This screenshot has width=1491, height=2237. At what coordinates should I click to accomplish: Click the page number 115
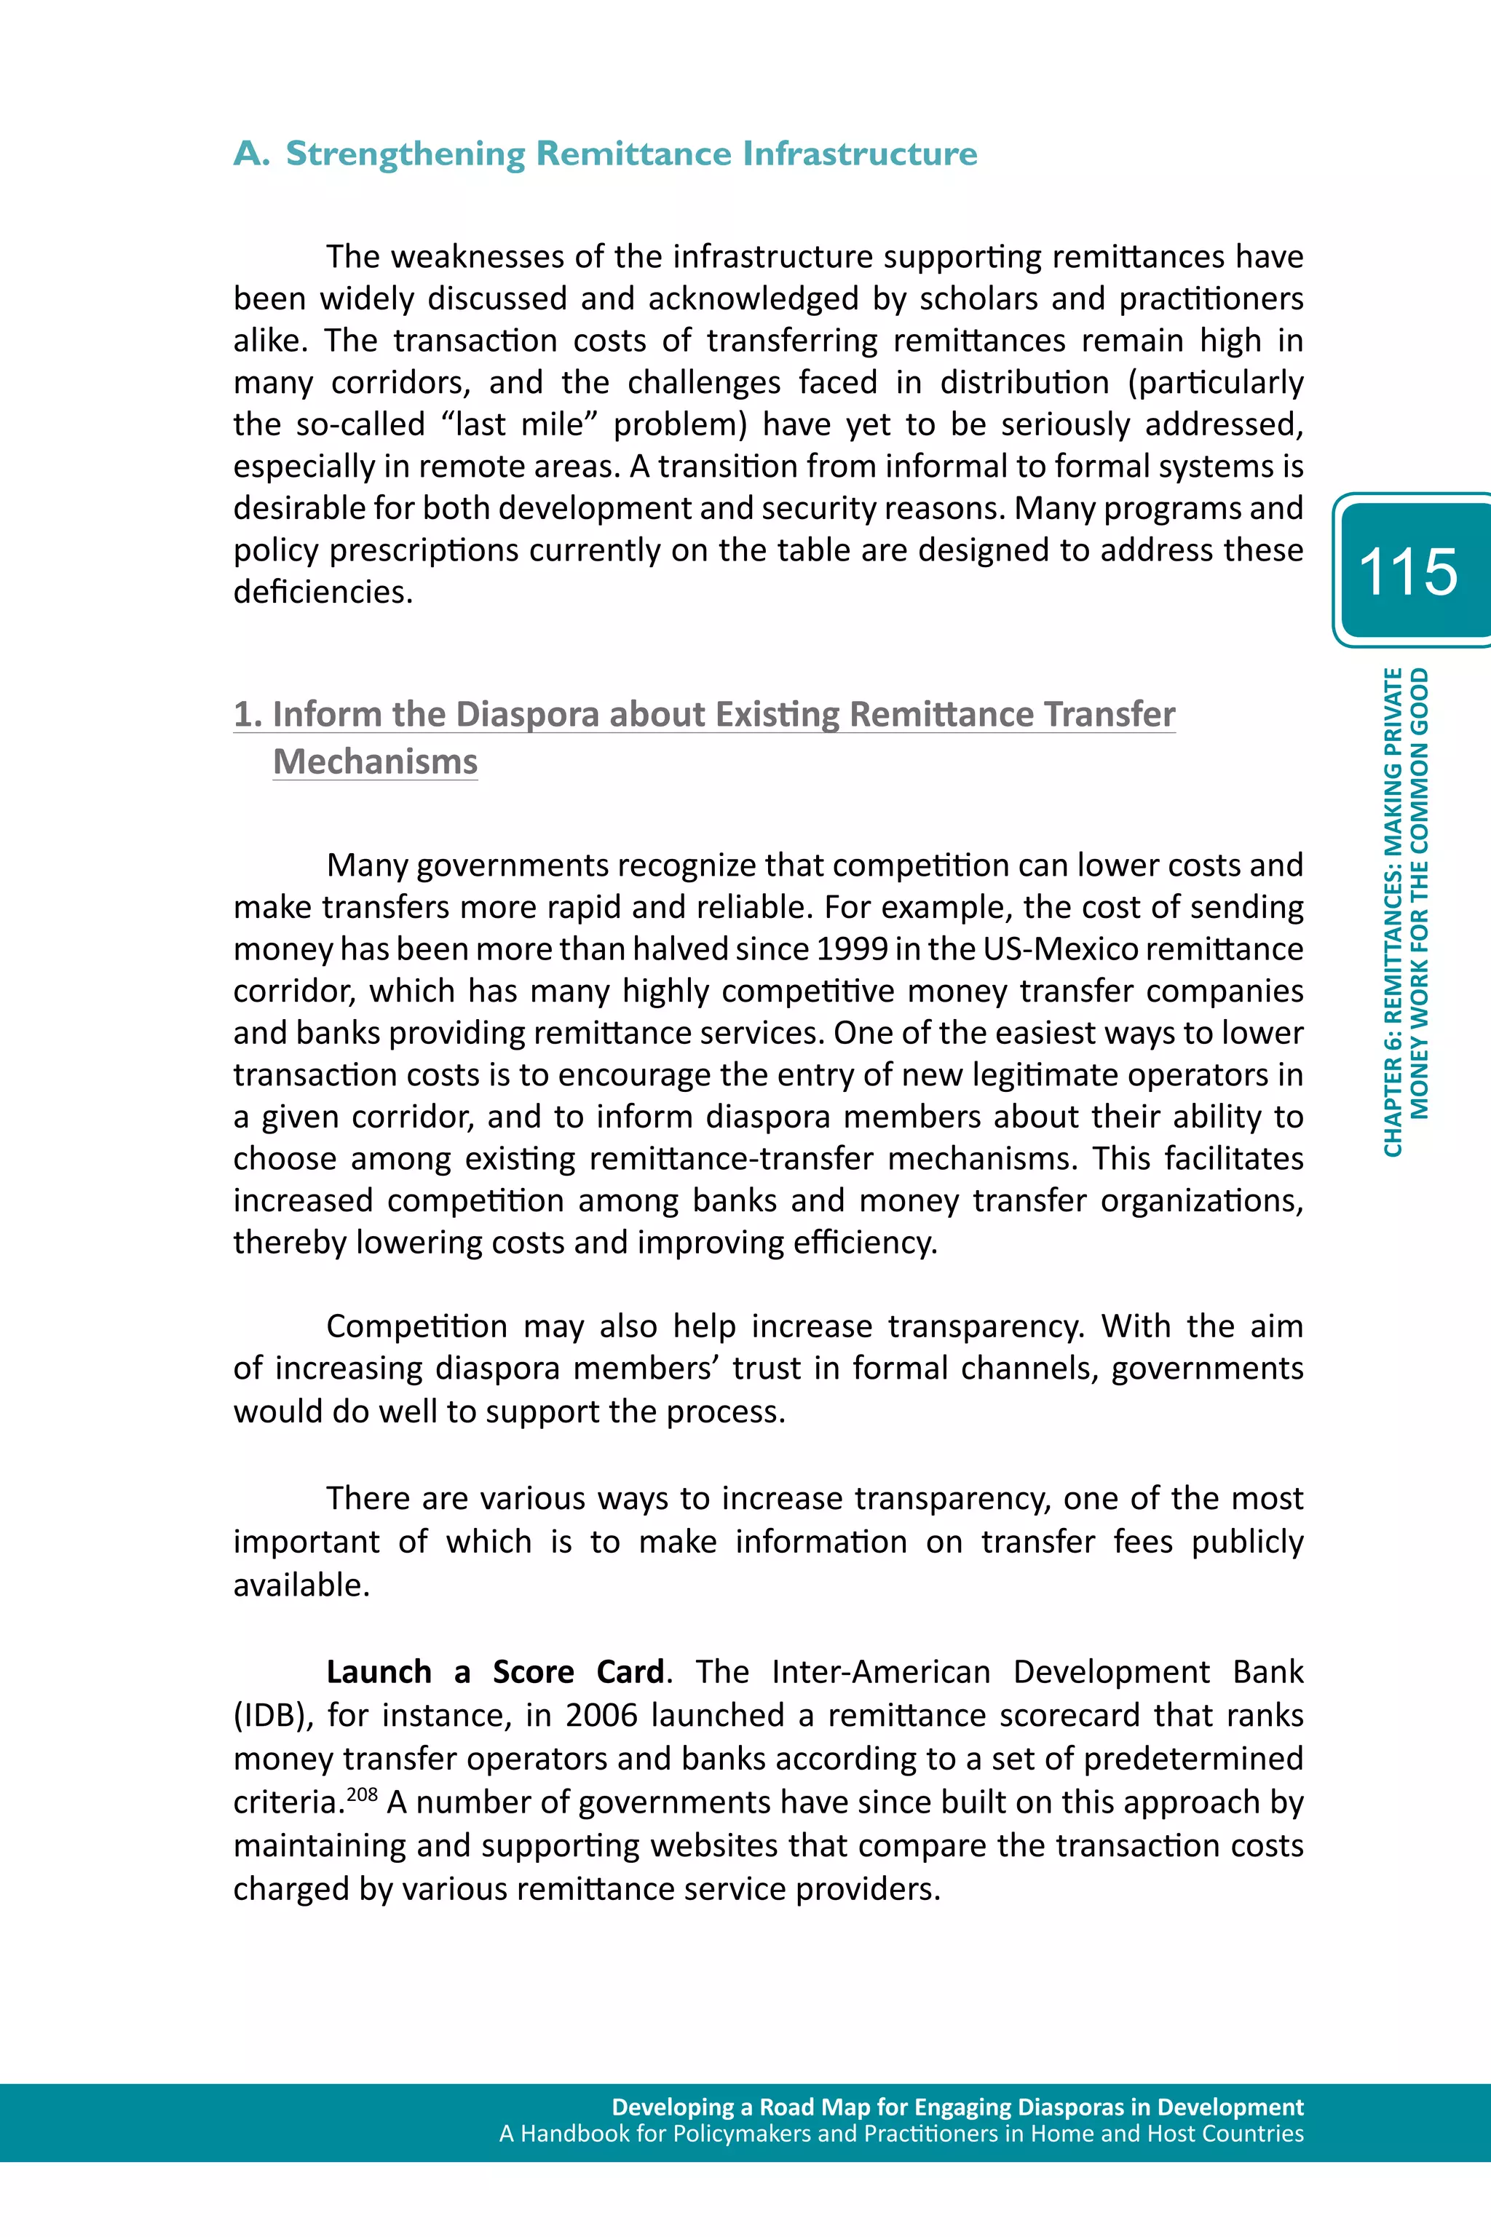1407,571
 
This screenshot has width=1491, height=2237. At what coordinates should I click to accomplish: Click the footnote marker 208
363,1794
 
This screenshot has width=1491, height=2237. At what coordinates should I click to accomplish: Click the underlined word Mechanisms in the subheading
375,761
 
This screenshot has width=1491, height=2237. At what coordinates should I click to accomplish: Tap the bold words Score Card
578,1671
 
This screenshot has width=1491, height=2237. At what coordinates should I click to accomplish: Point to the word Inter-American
880,1671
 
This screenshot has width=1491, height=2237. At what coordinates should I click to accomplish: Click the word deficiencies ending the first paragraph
323,593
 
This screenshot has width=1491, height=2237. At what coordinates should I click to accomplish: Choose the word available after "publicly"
301,1585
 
